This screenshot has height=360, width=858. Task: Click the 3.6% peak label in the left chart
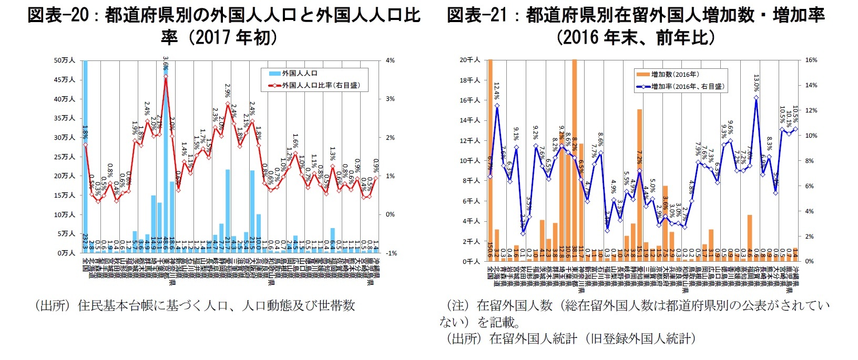pos(166,64)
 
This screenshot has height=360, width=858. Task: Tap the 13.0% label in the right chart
pos(756,82)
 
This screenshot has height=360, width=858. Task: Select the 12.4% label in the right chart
pos(496,91)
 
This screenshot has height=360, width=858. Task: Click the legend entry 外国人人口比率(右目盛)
pos(321,85)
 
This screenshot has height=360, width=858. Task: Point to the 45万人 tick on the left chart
pos(65,80)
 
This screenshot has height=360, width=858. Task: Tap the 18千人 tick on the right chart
pos(470,80)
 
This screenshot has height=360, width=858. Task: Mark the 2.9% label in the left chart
pos(227,91)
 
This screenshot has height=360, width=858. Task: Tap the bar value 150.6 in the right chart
pos(490,252)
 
